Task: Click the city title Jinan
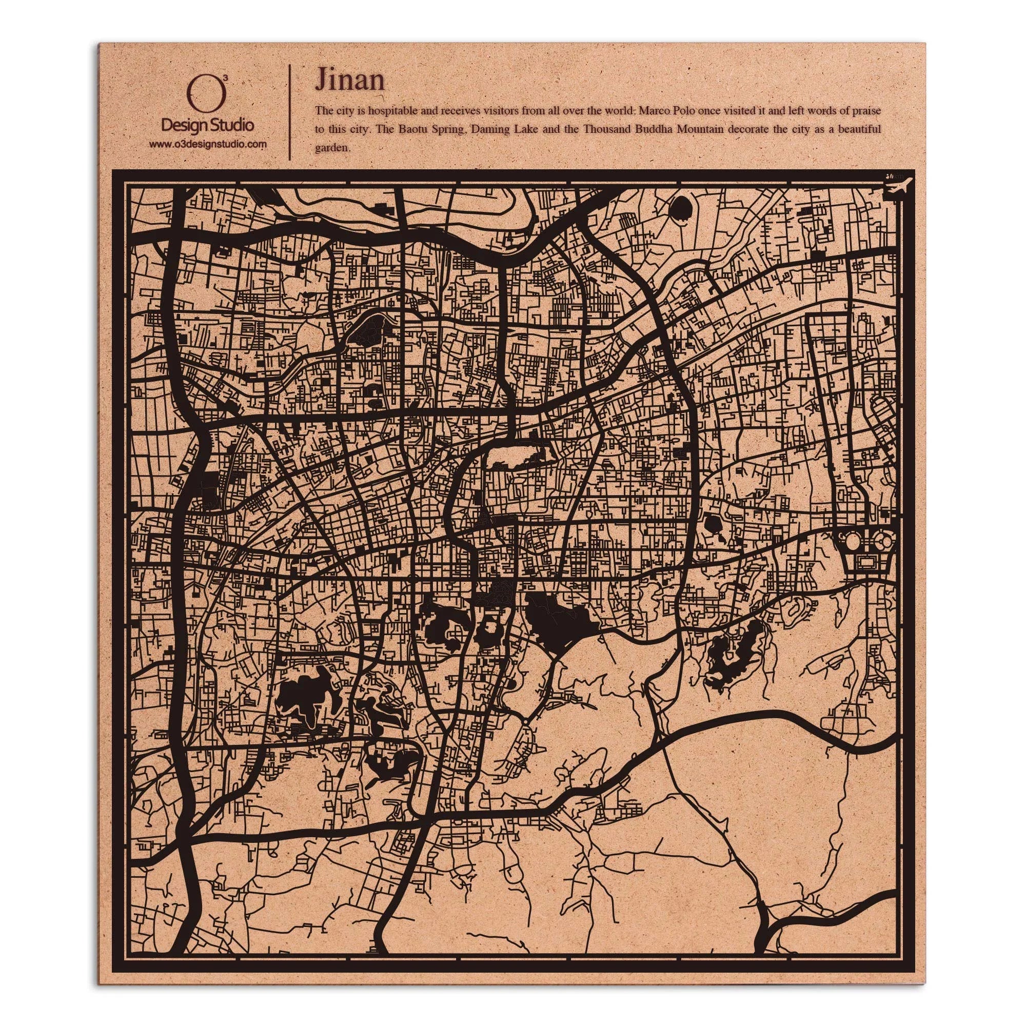point(349,81)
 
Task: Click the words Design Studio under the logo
point(207,125)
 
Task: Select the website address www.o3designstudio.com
point(207,144)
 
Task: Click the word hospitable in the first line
point(394,110)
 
